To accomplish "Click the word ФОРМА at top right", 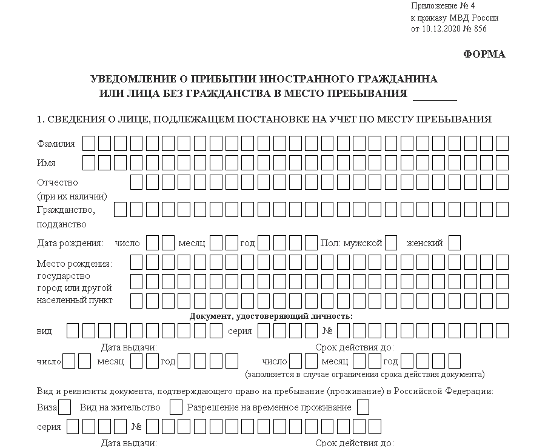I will tap(484, 55).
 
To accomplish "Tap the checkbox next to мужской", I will tap(391, 243).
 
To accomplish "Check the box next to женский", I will tap(455, 243).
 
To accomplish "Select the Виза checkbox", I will tap(65, 407).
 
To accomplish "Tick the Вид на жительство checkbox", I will tap(176, 407).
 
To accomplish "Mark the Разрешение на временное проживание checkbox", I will tap(363, 407).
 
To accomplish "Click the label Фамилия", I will tap(56, 144).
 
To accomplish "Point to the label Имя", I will tap(46, 163).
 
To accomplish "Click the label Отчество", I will tap(58, 182).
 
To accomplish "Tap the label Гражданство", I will tap(65, 210).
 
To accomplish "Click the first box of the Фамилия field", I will tap(89, 144).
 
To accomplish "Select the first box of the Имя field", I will tap(89, 163).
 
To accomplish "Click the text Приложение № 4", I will tap(443, 6).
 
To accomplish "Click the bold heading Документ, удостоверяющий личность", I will tap(271, 316).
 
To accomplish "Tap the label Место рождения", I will tap(74, 263).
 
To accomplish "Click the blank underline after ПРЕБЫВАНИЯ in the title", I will tap(434, 95).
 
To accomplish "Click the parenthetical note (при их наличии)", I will tap(72, 196).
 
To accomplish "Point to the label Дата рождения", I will tap(70, 243).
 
